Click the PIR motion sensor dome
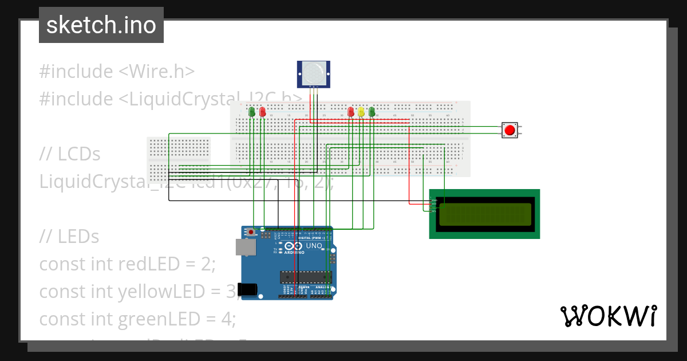313,73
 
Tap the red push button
509,130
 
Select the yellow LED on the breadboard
361,112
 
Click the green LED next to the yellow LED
372,112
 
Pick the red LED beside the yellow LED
351,112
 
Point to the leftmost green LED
252,112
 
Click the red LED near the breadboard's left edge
262,112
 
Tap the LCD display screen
485,214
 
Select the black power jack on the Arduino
247,290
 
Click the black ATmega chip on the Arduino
305,277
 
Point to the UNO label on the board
314,245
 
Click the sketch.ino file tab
101,25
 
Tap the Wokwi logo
608,316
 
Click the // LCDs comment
70,154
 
